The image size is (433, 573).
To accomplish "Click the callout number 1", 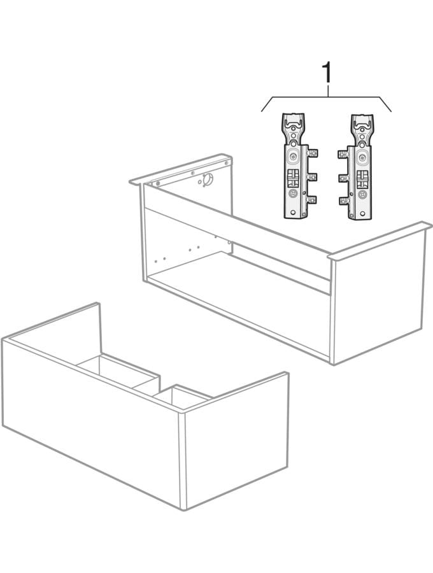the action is pyautogui.click(x=327, y=73).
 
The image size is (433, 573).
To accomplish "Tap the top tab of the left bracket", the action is pyautogui.click(x=313, y=153).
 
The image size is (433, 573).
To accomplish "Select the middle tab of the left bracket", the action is pyautogui.click(x=313, y=177).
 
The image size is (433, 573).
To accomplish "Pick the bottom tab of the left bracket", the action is pyautogui.click(x=313, y=199).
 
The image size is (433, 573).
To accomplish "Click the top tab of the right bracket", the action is pyautogui.click(x=343, y=154).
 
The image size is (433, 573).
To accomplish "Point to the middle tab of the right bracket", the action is pyautogui.click(x=343, y=178).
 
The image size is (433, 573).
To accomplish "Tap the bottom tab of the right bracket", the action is pyautogui.click(x=343, y=201).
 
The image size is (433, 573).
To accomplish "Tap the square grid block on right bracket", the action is pyautogui.click(x=362, y=179).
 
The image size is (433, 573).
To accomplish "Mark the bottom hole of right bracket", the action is pyautogui.click(x=362, y=213).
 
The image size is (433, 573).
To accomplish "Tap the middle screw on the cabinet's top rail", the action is pyautogui.click(x=192, y=173).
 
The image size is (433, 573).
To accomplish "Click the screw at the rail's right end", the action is pyautogui.click(x=226, y=162).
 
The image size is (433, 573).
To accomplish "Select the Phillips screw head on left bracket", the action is pyautogui.click(x=292, y=158).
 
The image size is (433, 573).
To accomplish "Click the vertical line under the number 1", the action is pyautogui.click(x=327, y=90).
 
